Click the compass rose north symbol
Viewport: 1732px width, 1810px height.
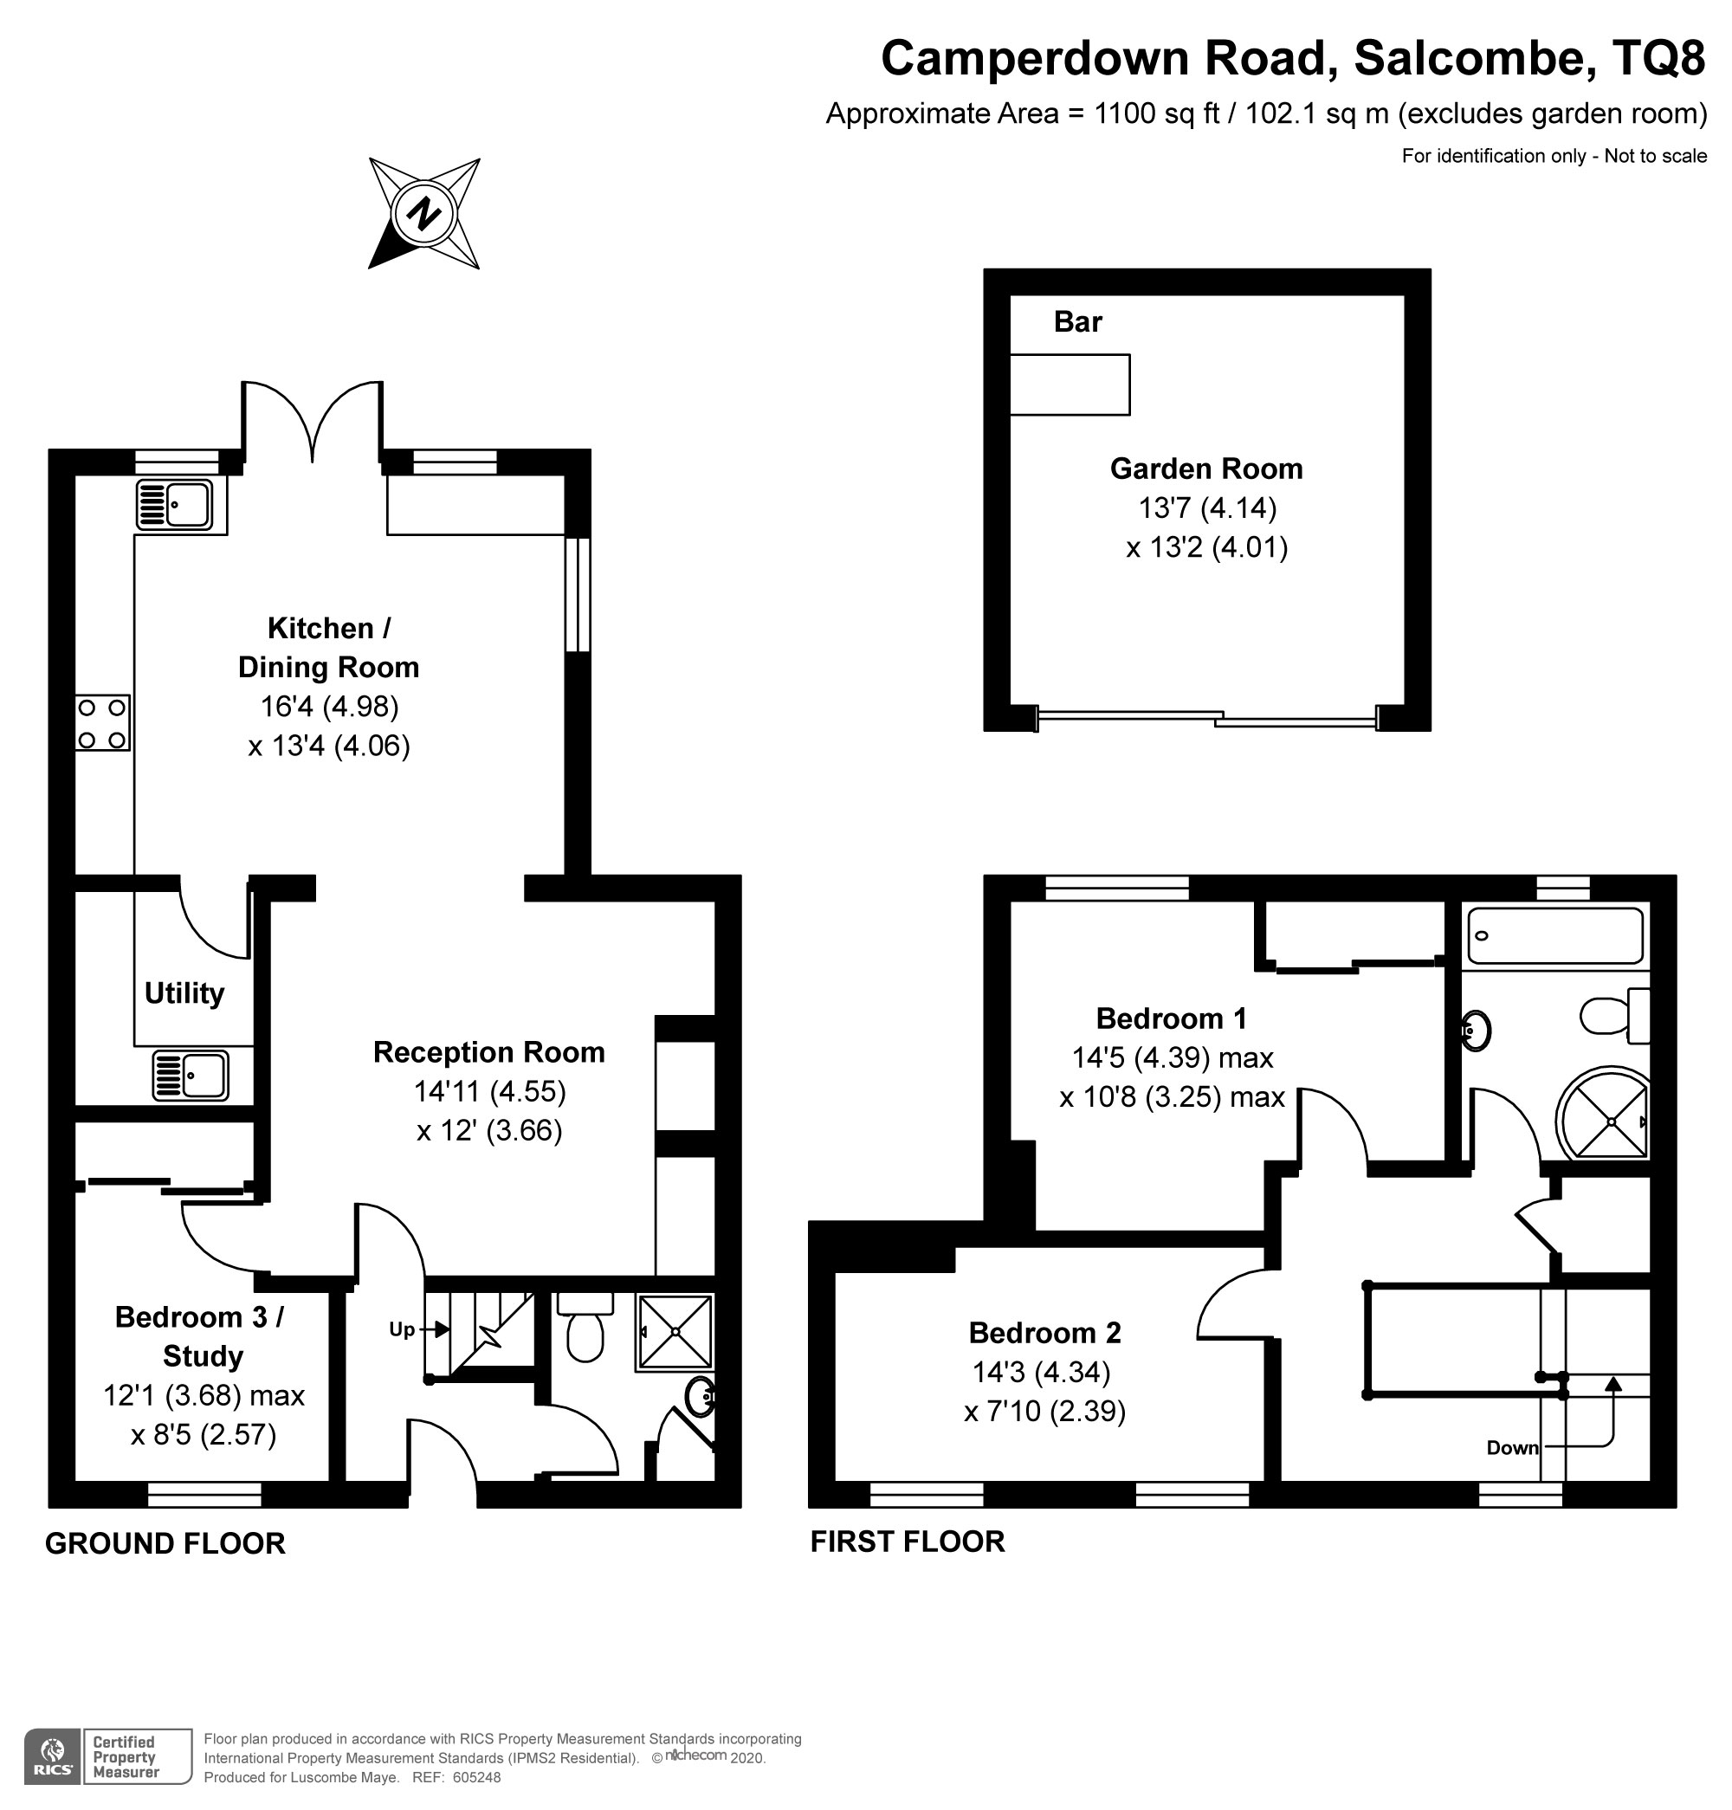click(x=423, y=213)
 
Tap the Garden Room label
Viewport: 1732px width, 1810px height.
click(x=1205, y=469)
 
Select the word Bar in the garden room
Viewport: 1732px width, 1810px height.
click(x=1077, y=321)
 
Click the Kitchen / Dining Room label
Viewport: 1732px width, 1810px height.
click(x=329, y=647)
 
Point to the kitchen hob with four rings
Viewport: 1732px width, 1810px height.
click(x=102, y=723)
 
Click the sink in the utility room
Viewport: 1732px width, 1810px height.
click(x=191, y=1076)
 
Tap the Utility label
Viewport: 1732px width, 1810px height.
click(x=184, y=993)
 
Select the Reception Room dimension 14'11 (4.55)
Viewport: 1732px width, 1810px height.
click(x=489, y=1091)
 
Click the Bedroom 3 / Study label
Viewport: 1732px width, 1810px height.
click(x=200, y=1336)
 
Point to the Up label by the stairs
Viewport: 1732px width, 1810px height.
click(x=402, y=1328)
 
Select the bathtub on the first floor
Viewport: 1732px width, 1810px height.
click(x=1554, y=935)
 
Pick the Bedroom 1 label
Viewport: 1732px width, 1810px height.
click(x=1171, y=1018)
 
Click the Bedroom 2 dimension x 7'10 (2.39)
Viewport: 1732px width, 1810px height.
click(x=1045, y=1412)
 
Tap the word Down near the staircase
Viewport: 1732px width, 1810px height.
click(x=1512, y=1448)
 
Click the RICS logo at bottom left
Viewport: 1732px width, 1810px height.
click(x=53, y=1758)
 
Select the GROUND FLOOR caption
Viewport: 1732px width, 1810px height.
click(x=165, y=1543)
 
